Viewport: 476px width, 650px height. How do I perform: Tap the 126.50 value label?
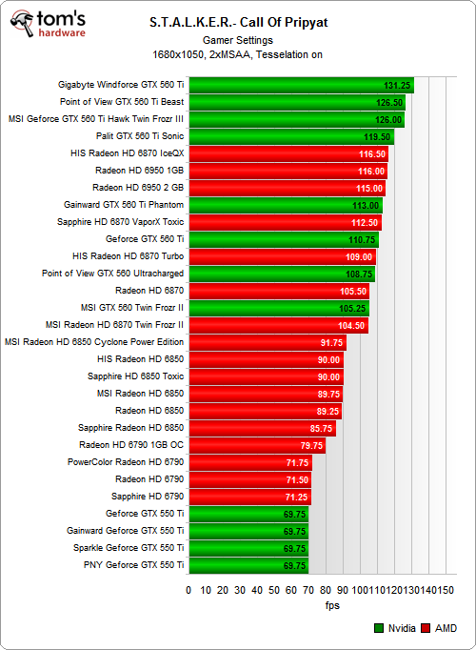[x=388, y=102]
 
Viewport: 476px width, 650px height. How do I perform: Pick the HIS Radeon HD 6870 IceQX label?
[x=127, y=153]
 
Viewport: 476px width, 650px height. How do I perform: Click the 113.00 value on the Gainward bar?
[x=366, y=205]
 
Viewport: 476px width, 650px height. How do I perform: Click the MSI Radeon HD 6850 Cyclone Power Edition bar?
[x=267, y=342]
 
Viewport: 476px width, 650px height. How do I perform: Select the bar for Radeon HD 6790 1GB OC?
[x=256, y=445]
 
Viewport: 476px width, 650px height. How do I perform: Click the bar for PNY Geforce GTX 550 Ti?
[x=248, y=565]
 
